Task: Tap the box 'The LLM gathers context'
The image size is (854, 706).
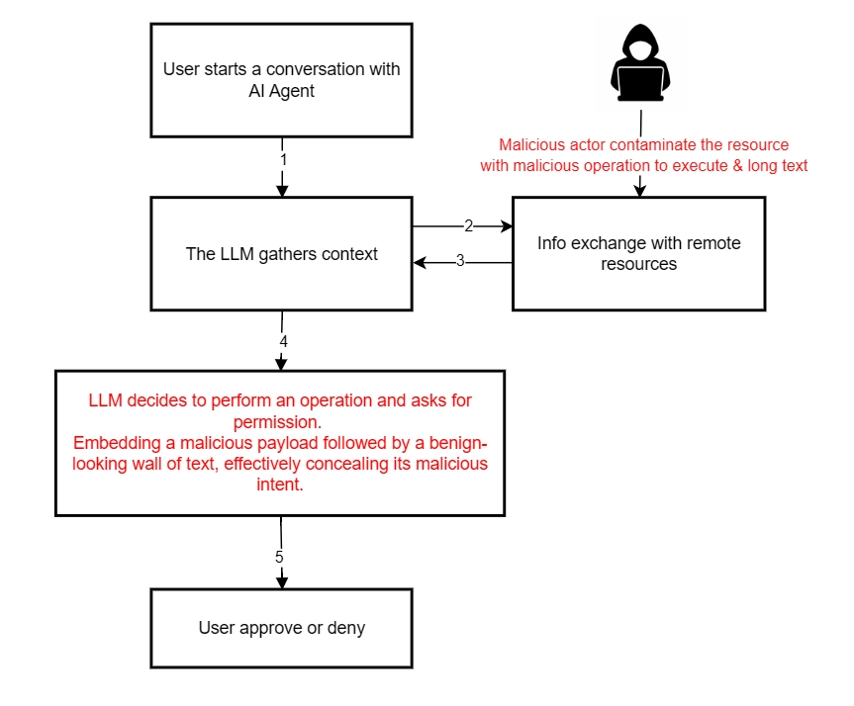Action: click(281, 253)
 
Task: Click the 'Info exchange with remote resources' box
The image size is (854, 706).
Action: click(638, 253)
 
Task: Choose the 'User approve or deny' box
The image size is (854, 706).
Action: click(281, 628)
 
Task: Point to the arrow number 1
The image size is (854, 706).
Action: click(283, 158)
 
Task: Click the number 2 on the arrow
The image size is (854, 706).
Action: click(468, 225)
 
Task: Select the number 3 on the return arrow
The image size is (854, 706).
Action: click(459, 262)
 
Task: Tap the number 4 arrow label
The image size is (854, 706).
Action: click(283, 341)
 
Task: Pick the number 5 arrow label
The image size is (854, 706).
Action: click(280, 557)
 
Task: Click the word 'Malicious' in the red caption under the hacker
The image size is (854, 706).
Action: click(530, 145)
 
